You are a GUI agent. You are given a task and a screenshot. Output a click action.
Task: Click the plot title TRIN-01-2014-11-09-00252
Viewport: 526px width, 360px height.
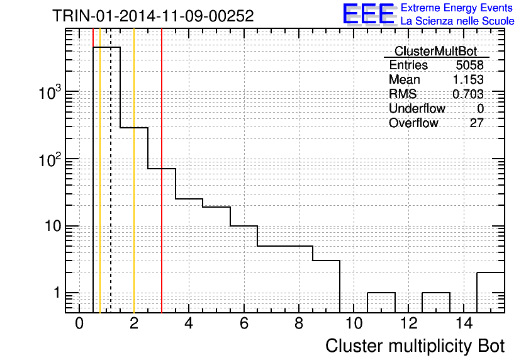[153, 16]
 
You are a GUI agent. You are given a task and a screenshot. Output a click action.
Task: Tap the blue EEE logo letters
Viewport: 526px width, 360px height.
[369, 14]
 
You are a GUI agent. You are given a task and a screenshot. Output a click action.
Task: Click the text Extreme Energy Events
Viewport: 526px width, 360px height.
[457, 8]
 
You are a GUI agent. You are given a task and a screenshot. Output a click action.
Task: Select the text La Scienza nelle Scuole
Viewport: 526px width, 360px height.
[457, 21]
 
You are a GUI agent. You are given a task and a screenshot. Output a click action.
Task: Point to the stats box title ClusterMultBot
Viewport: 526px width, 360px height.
[436, 52]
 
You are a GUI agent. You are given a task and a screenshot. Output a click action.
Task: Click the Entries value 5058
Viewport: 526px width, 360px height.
[469, 65]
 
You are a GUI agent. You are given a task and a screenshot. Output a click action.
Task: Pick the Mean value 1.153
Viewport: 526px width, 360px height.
[468, 79]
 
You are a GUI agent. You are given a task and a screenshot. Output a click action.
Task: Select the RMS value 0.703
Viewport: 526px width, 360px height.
[468, 94]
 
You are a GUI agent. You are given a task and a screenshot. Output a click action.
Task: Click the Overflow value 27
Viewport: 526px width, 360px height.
[476, 123]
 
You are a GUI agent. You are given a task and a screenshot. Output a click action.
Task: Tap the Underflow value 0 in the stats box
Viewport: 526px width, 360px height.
[480, 108]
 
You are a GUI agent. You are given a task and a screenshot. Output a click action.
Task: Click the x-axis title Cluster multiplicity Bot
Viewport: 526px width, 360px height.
[415, 346]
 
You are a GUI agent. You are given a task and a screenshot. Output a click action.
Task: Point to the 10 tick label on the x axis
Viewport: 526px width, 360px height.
[354, 323]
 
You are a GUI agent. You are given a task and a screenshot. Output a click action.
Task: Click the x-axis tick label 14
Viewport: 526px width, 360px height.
[464, 323]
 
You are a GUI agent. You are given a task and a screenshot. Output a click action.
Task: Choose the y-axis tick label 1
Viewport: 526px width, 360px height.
[57, 293]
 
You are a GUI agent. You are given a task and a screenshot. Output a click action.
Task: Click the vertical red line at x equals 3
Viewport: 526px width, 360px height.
[162, 171]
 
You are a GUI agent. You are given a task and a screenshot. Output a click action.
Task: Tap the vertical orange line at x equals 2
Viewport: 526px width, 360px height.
[134, 171]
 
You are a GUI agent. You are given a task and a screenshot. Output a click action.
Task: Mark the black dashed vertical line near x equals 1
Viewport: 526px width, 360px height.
[111, 171]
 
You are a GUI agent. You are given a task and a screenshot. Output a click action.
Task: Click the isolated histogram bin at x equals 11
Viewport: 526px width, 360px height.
[381, 293]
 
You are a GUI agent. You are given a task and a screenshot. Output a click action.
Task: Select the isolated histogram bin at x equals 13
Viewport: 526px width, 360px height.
[436, 293]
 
